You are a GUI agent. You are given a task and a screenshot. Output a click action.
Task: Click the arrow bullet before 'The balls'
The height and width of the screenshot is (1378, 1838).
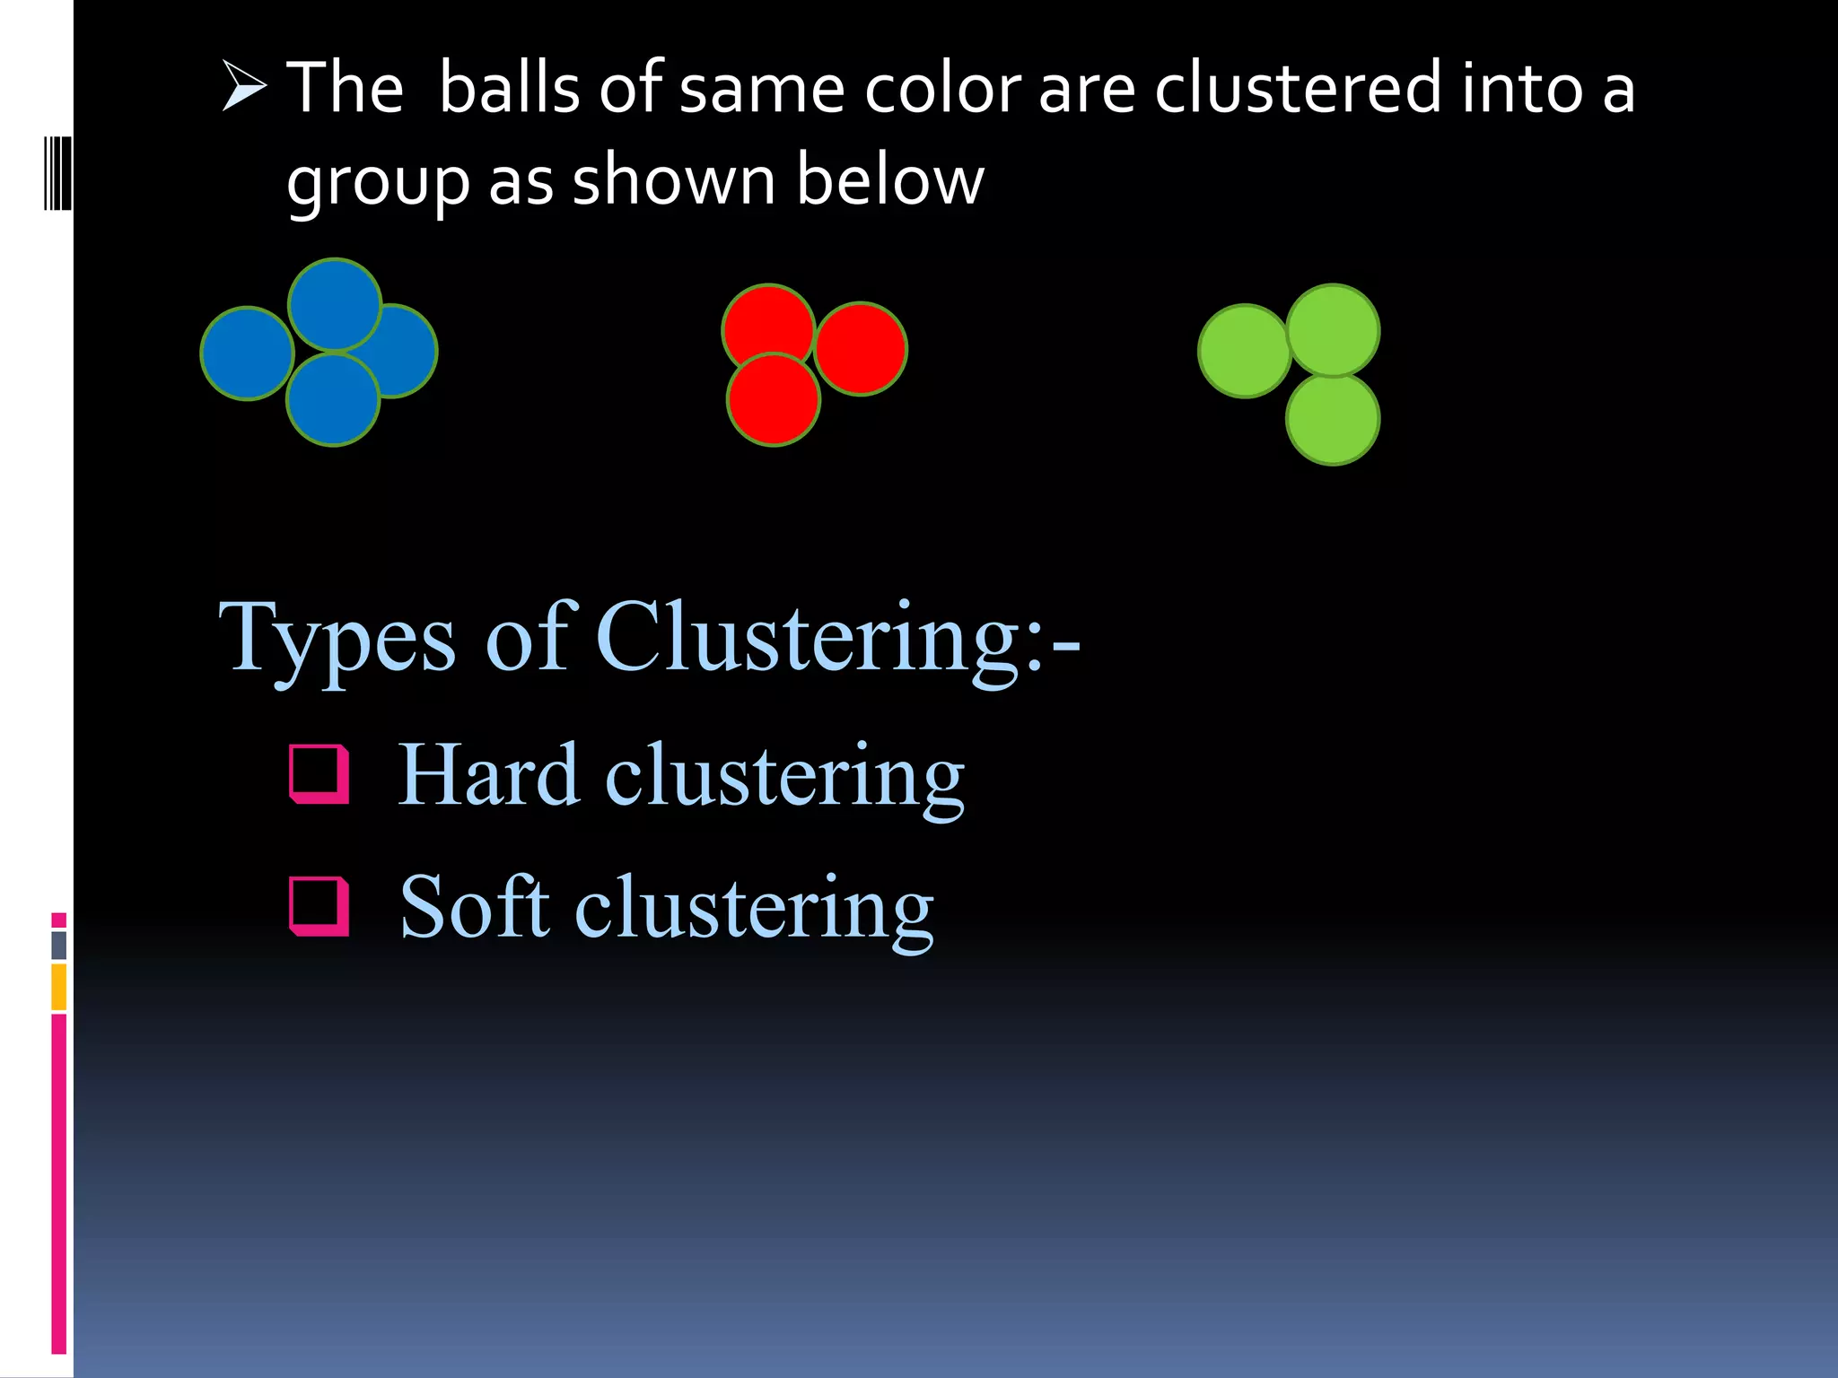[244, 87]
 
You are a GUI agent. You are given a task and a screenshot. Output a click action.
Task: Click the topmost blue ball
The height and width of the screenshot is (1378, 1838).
[335, 303]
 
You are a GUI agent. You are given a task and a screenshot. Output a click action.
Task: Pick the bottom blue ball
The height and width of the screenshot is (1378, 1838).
[333, 401]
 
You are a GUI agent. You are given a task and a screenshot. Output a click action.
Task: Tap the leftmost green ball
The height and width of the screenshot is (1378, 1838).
[1243, 351]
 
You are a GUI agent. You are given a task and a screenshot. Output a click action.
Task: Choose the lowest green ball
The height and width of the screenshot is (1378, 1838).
[1333, 420]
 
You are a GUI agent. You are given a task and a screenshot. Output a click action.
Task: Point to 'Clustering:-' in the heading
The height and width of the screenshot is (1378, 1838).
[838, 637]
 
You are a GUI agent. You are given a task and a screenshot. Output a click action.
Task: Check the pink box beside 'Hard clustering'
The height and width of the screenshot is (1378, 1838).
[319, 773]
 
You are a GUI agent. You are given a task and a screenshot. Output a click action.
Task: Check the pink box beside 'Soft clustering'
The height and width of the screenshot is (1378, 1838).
[319, 905]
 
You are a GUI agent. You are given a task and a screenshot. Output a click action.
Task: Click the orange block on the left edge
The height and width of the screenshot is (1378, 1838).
[59, 987]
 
